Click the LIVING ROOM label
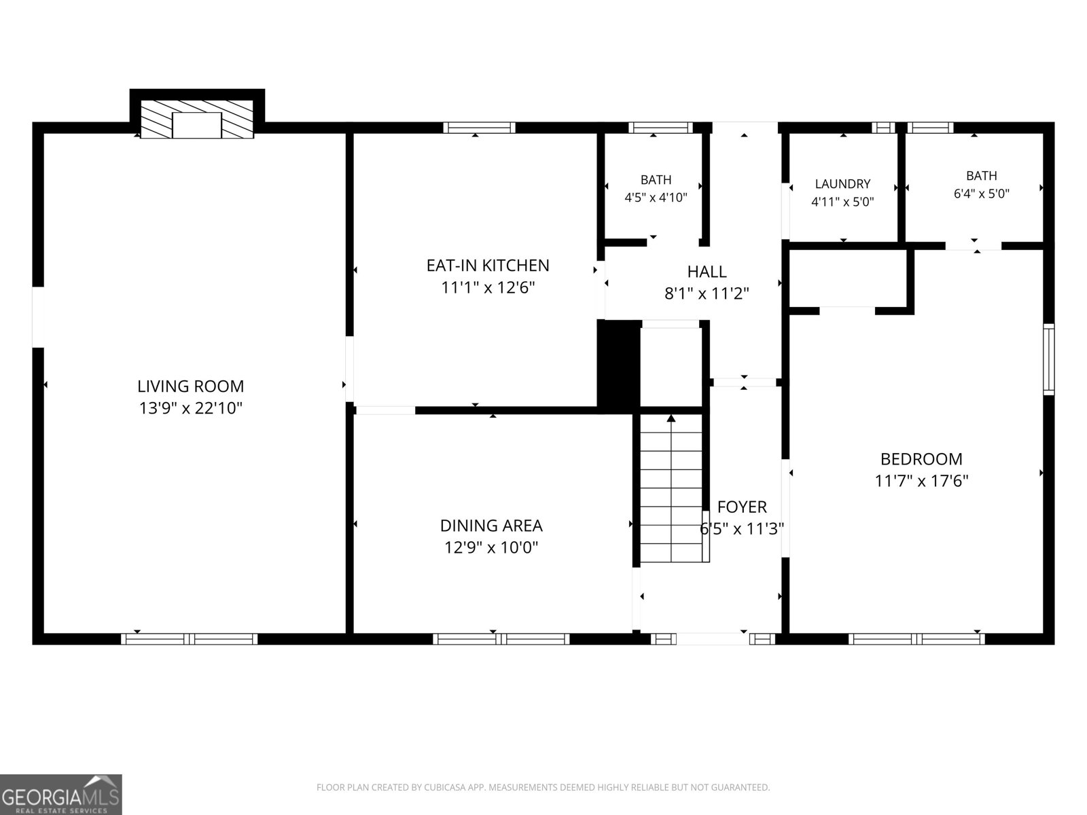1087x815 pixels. (191, 386)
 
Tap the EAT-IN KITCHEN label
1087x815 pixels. (488, 266)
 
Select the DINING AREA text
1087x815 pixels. (491, 526)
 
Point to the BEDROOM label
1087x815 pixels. (921, 458)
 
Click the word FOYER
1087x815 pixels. (742, 507)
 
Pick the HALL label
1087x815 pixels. (707, 271)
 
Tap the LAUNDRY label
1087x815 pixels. (842, 183)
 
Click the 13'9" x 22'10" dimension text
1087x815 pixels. (191, 408)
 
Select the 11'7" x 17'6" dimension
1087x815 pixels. (921, 481)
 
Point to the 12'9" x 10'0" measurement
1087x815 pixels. (491, 548)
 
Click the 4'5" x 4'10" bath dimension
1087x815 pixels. (656, 198)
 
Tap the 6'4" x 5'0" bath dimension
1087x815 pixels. (982, 194)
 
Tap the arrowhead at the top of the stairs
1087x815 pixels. (671, 418)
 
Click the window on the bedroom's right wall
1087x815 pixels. (1049, 359)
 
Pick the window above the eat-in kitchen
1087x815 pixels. (479, 128)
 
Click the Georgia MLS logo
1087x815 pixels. (61, 795)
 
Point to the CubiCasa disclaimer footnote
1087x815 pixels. (543, 787)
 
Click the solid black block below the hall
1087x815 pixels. (618, 367)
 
